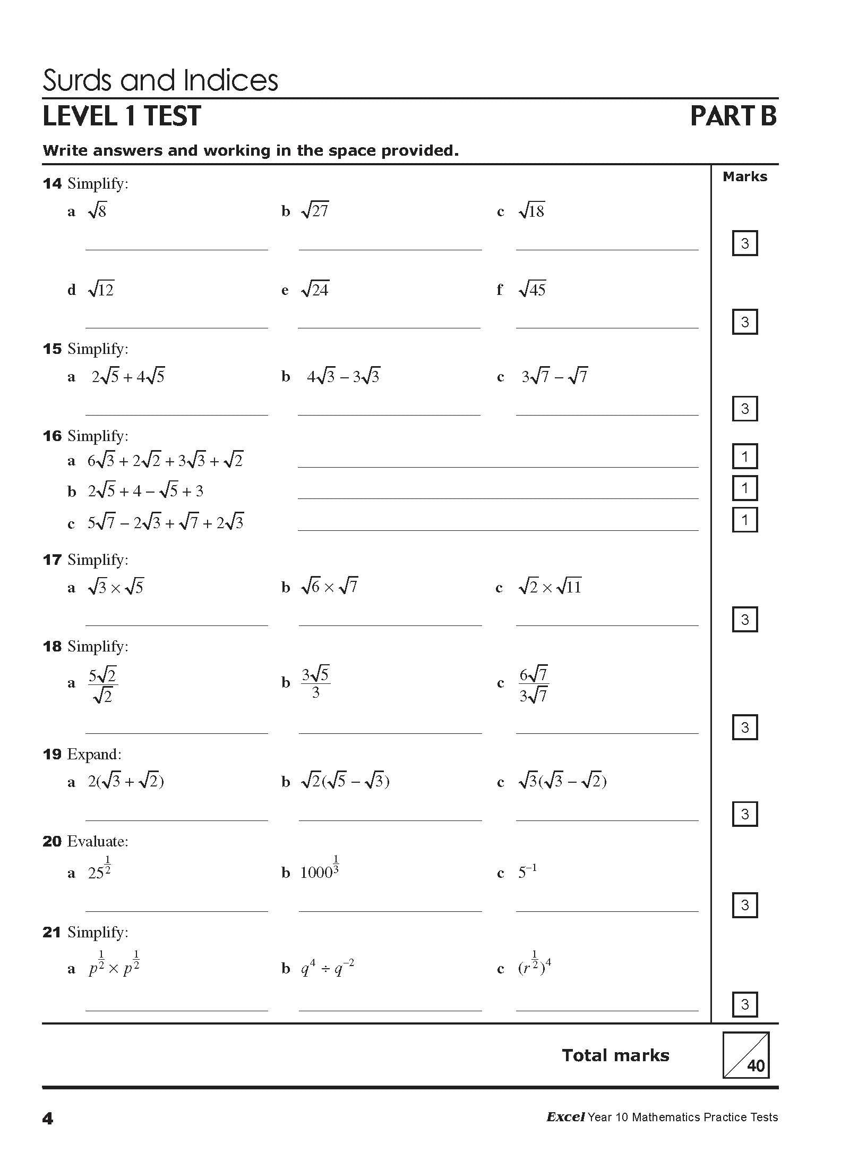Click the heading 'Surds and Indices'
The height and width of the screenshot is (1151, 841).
[x=160, y=81]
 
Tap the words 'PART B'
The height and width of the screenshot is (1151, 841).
[x=733, y=116]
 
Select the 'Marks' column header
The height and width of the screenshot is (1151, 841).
[x=744, y=177]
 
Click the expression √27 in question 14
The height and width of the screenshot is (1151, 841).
[x=315, y=211]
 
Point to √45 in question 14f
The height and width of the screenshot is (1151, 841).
[x=532, y=290]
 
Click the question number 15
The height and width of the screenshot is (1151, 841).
[x=52, y=349]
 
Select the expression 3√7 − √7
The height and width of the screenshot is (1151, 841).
[x=554, y=377]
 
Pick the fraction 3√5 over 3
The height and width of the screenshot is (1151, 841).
[x=316, y=683]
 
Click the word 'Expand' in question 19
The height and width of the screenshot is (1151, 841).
[x=93, y=755]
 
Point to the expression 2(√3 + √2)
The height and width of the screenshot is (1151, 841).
[x=126, y=782]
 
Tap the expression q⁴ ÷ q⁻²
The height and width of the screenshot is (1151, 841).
[x=327, y=968]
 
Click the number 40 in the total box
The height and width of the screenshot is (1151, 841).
[x=756, y=1065]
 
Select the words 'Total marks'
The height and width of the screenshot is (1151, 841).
[x=615, y=1055]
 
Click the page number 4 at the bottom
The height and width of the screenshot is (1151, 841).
[x=48, y=1119]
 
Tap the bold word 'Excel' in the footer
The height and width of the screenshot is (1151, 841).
[x=565, y=1117]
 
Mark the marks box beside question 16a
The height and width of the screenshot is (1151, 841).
[x=744, y=456]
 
